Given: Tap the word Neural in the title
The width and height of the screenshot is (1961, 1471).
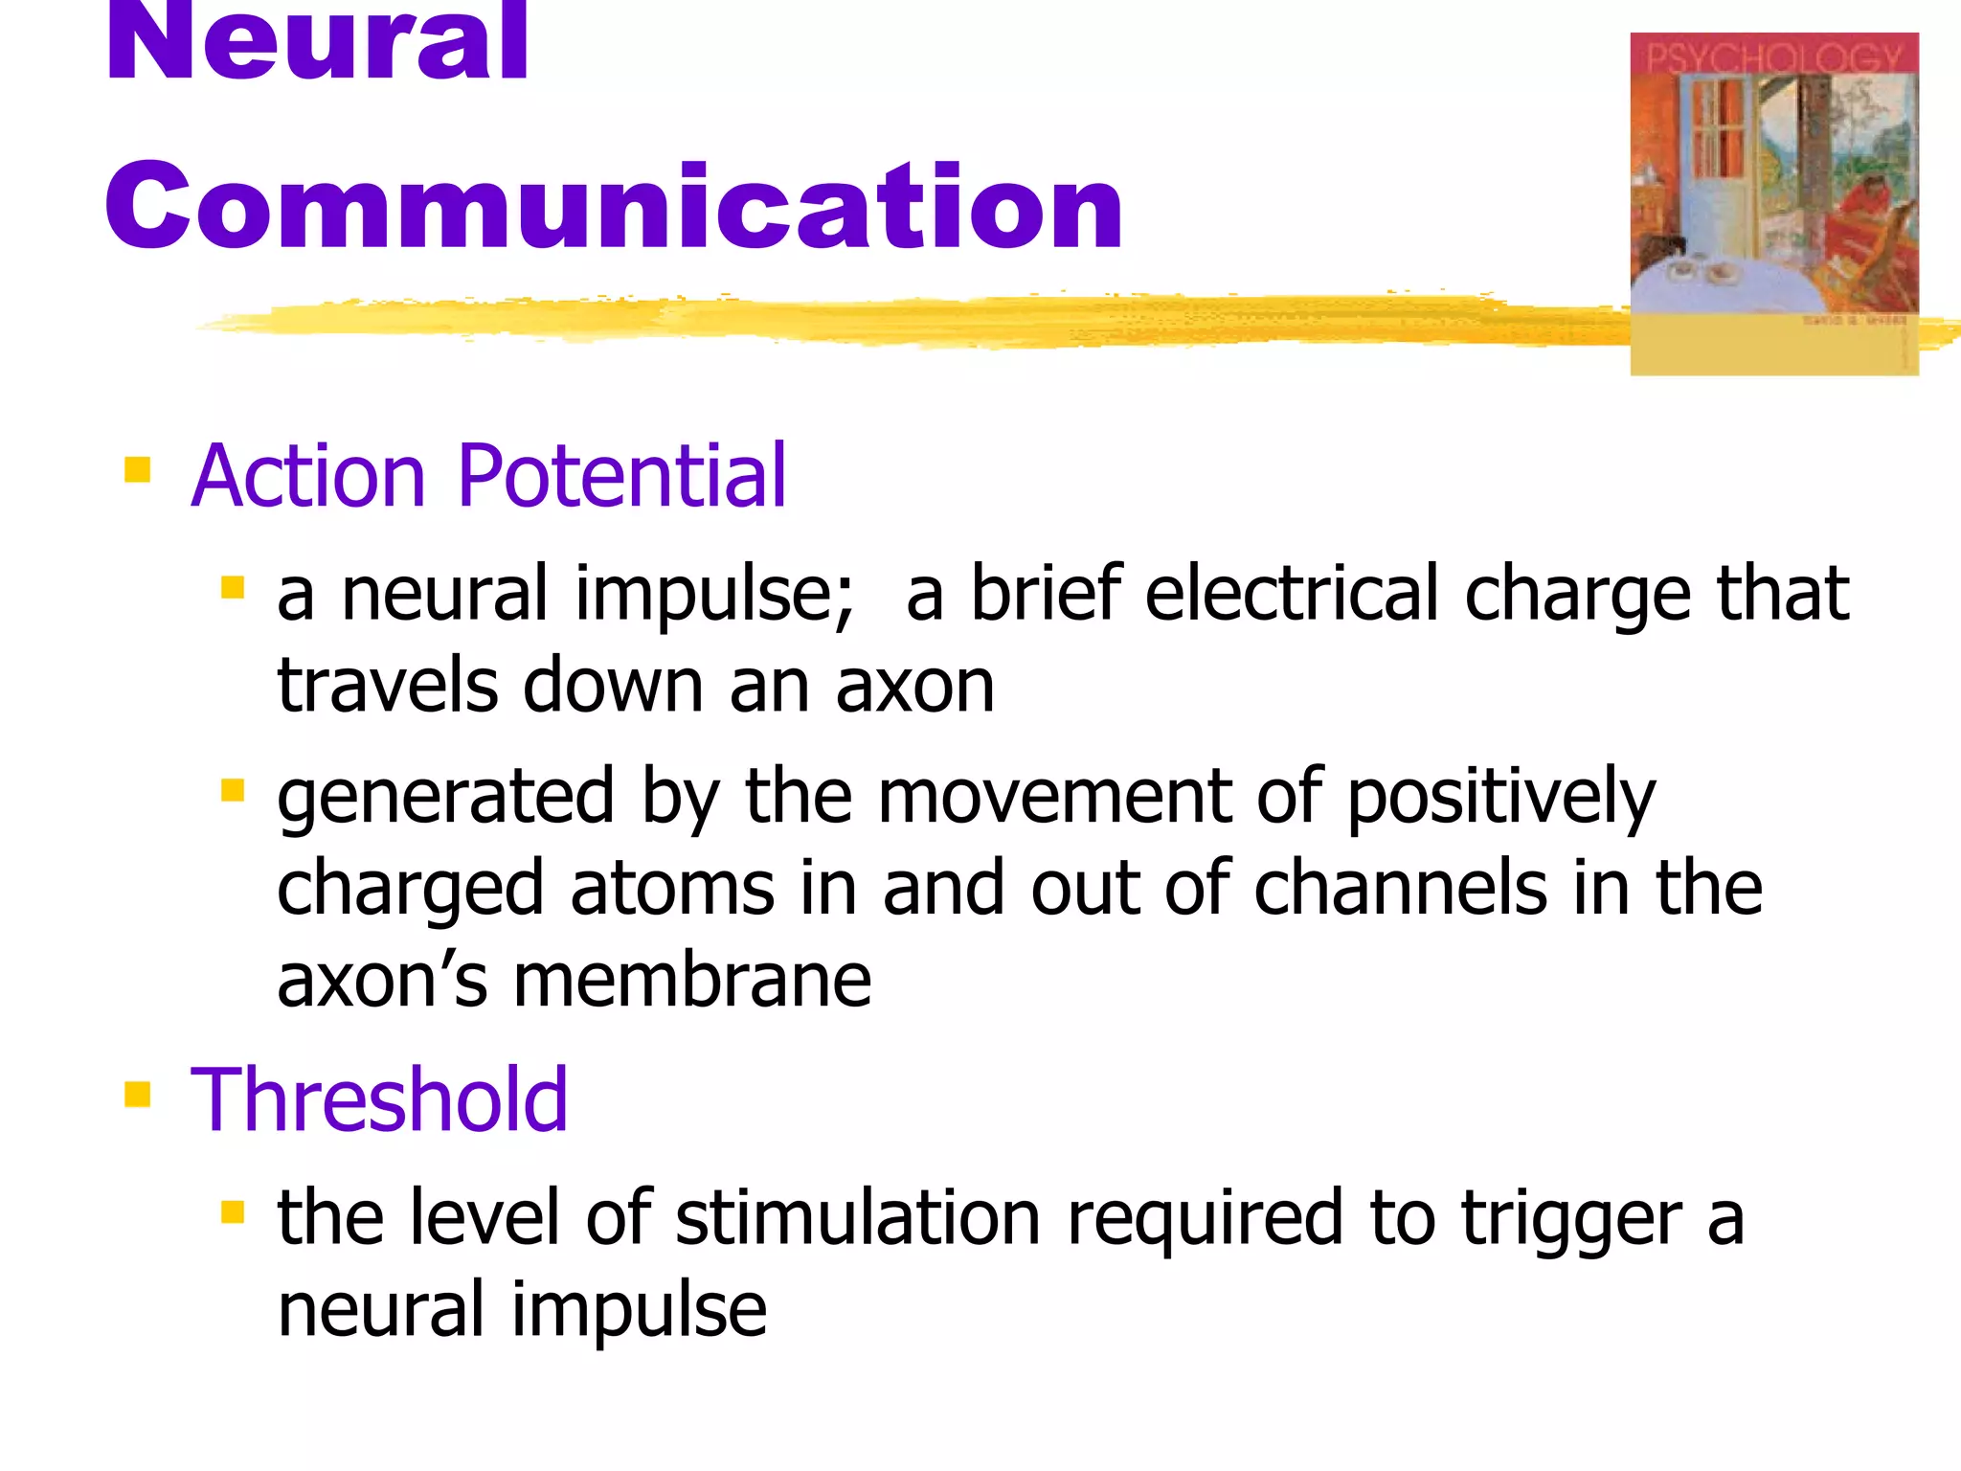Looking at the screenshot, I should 316,43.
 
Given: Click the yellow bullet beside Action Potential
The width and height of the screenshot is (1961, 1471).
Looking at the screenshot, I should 138,469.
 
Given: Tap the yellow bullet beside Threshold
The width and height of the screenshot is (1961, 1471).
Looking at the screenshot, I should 138,1094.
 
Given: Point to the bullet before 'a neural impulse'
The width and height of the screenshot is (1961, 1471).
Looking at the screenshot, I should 233,586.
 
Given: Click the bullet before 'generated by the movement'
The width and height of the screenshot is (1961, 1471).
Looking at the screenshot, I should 233,790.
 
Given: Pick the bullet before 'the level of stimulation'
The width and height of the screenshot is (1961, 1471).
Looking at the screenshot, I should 233,1212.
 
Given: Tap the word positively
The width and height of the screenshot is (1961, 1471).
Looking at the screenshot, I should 1500,797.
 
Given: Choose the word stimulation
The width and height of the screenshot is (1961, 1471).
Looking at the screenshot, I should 858,1218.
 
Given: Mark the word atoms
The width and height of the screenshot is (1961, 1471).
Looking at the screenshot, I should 672,889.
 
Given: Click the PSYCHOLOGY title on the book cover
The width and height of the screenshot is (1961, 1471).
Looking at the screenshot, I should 1773,57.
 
